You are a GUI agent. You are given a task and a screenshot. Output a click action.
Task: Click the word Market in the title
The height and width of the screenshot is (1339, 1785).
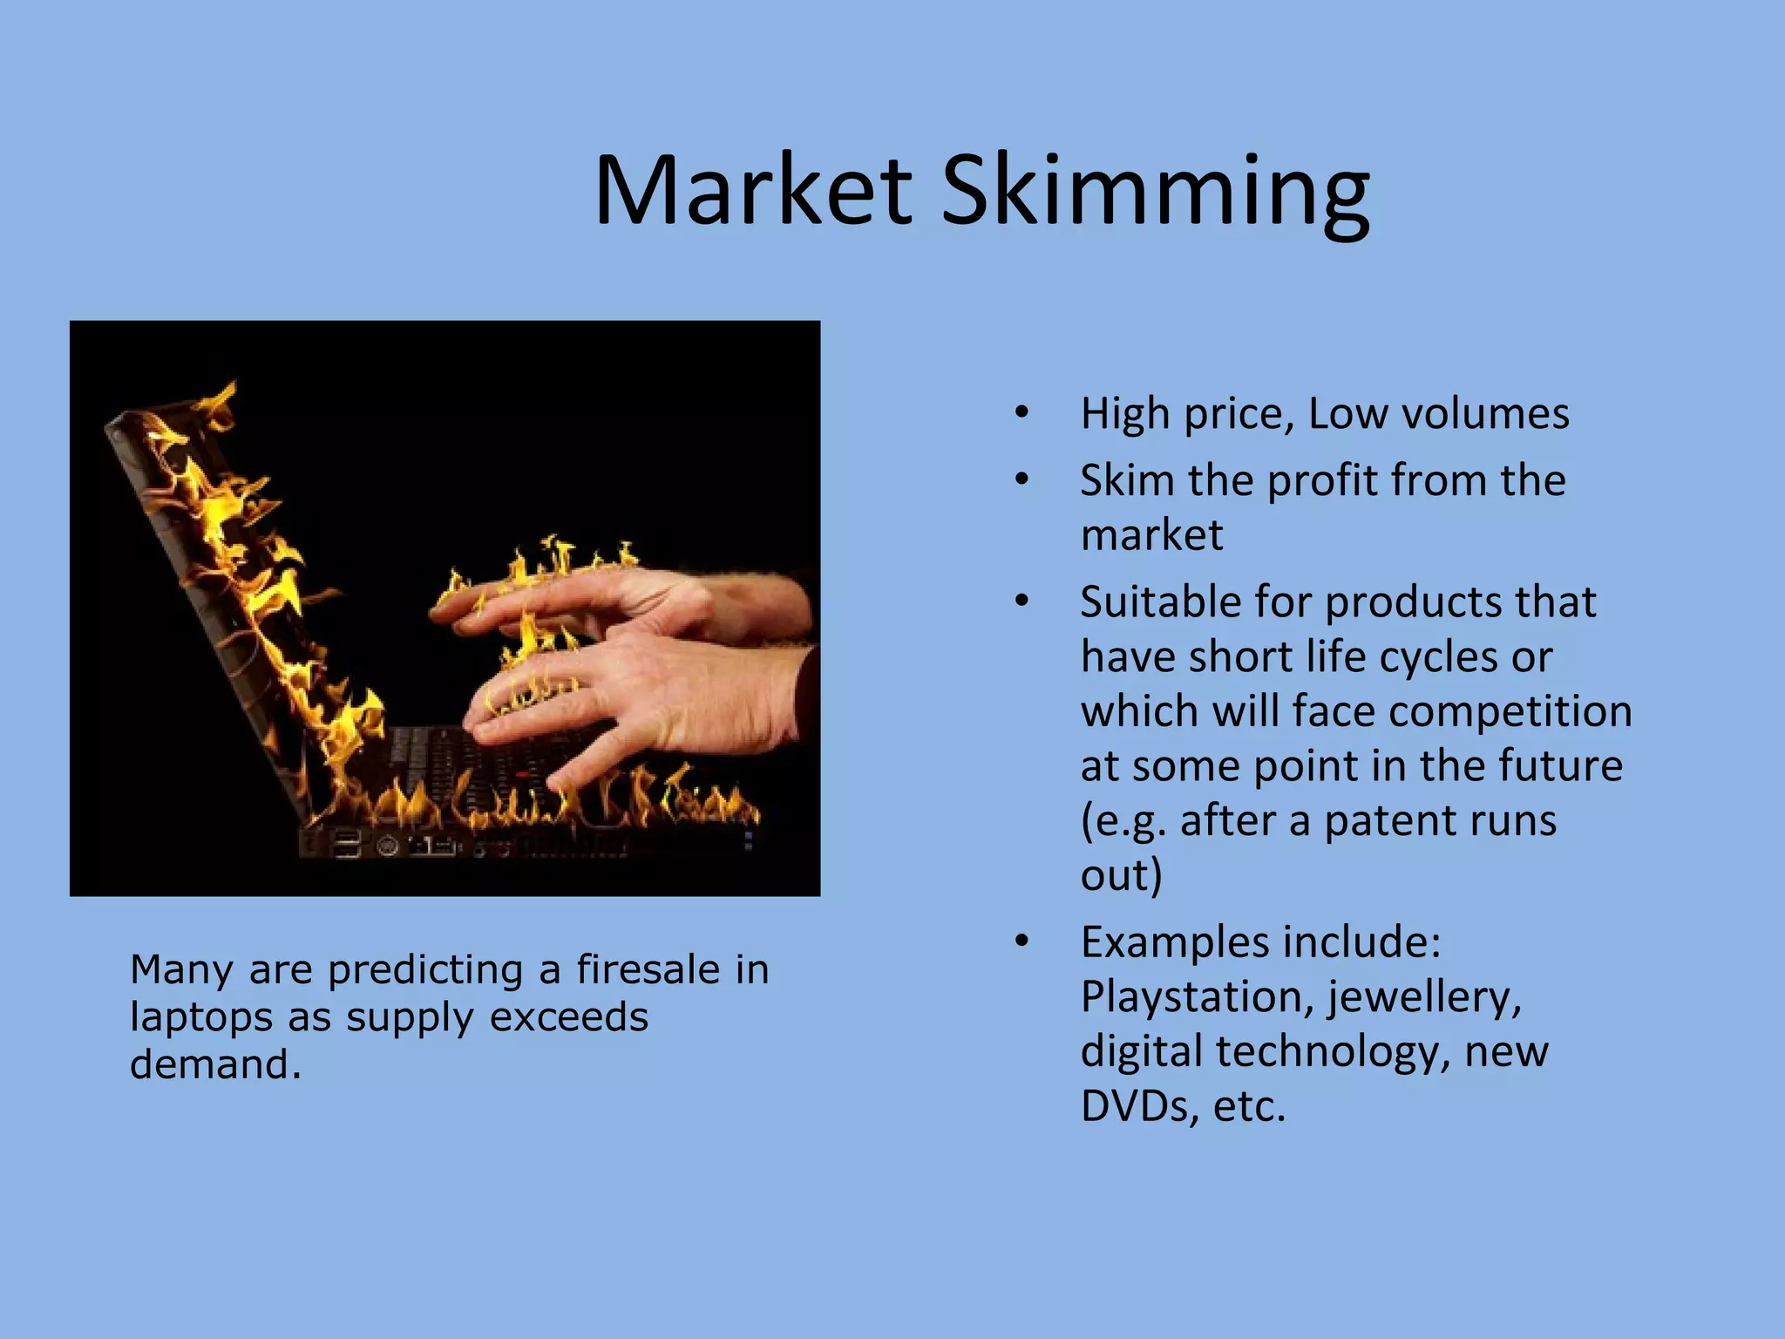754,190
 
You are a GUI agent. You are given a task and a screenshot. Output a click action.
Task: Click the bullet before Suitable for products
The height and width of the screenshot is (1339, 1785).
1022,601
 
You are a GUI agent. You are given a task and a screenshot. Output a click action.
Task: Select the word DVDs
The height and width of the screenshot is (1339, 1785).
1134,1105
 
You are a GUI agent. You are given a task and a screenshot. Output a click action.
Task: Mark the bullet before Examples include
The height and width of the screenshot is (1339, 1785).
1022,941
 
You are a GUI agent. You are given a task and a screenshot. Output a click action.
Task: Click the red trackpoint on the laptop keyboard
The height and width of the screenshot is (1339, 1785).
522,774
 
